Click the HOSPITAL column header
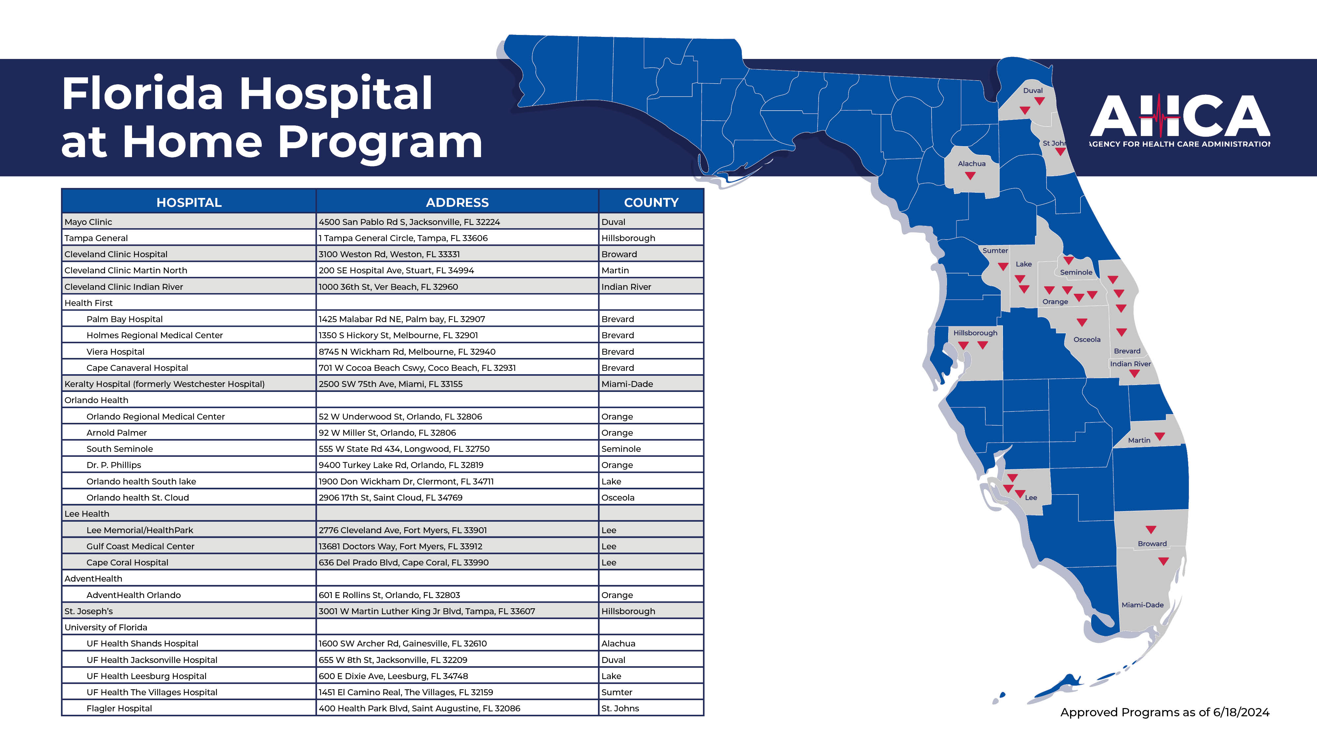point(189,203)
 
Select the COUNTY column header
point(651,203)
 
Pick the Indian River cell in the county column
point(626,287)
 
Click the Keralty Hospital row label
point(164,384)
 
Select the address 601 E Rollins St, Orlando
point(389,595)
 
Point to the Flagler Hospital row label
point(119,709)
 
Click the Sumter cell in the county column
point(617,692)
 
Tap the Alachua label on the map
point(971,164)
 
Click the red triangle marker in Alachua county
point(970,176)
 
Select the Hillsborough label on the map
point(975,333)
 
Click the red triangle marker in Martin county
point(1160,436)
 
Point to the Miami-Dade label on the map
point(1142,605)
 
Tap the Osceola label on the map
point(1087,340)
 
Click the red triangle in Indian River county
point(1134,374)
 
